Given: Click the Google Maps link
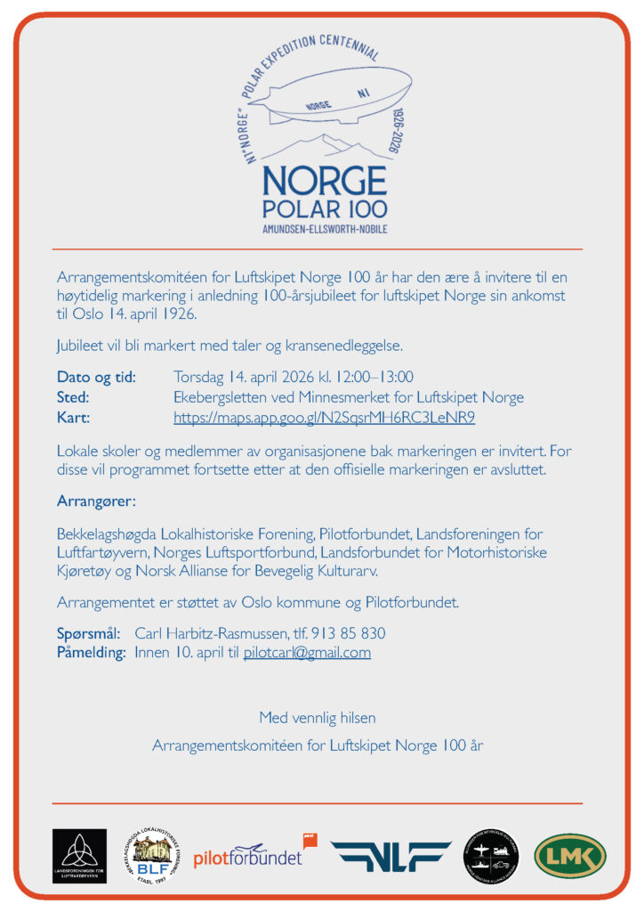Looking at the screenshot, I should [324, 418].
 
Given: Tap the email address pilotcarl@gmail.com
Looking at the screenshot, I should [307, 653].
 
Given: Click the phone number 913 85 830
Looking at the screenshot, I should [348, 633].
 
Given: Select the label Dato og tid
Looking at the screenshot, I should [96, 377].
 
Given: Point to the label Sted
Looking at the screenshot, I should [73, 397].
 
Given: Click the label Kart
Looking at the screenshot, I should [74, 418].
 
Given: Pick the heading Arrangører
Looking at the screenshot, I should [96, 501].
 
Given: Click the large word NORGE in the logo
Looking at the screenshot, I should [324, 181].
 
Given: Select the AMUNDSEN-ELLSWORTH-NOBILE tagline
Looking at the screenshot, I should [324, 230].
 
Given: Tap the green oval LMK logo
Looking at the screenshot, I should [569, 855].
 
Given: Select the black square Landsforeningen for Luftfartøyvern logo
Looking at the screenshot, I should [79, 856].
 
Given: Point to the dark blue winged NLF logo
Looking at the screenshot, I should [390, 856].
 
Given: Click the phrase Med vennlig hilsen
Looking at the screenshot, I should [318, 717].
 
